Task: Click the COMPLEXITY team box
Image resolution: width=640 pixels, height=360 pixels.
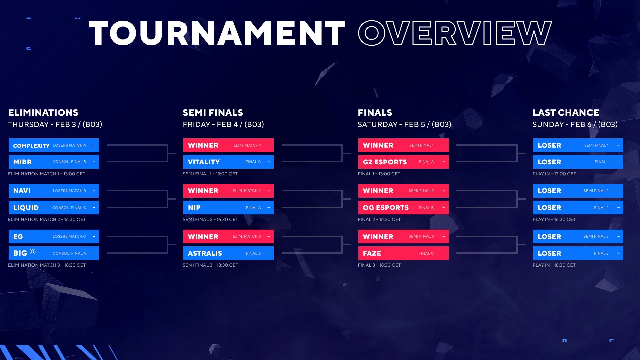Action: [54, 145]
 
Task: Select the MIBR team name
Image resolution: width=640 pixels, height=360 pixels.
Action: [22, 162]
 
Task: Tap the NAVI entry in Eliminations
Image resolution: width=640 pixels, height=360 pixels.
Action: [54, 191]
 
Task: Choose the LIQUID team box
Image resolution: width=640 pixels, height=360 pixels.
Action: [54, 207]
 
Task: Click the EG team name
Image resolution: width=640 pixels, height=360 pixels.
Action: [18, 237]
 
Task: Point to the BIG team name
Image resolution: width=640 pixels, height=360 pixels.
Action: [20, 253]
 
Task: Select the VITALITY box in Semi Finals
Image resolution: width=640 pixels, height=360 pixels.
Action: [228, 162]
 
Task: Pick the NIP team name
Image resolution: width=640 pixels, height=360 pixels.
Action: [194, 208]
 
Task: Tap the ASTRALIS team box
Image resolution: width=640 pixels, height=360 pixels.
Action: [228, 253]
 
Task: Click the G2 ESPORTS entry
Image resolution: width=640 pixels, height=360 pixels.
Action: [403, 162]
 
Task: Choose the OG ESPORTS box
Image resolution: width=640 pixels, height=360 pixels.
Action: [403, 207]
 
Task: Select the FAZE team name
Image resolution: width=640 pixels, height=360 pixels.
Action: [372, 253]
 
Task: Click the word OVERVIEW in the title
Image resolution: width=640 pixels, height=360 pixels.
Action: [455, 33]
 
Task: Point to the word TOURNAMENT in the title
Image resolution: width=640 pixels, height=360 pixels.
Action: [217, 33]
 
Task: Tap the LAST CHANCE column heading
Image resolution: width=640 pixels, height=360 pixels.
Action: [566, 113]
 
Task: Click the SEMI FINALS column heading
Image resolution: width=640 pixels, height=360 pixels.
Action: [213, 113]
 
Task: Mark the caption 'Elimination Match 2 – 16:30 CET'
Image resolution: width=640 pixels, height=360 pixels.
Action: [47, 219]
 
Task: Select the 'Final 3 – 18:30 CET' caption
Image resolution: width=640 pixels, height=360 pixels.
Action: [379, 265]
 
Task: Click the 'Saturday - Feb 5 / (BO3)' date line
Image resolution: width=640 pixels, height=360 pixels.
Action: [404, 124]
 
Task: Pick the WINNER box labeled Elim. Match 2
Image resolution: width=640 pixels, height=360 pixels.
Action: [228, 191]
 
